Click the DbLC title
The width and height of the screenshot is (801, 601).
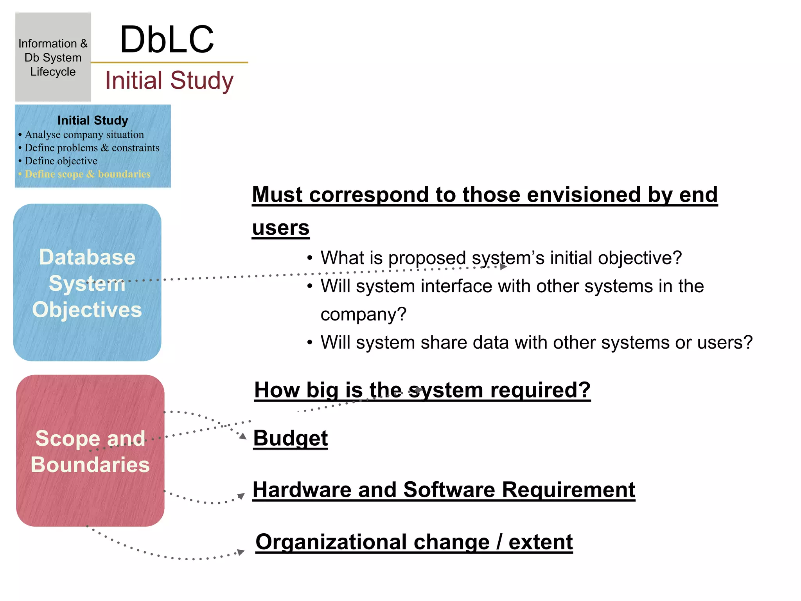167,40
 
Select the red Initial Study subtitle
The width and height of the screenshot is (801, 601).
169,81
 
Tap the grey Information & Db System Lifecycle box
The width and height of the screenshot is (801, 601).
53,58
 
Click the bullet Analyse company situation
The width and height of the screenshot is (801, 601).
84,135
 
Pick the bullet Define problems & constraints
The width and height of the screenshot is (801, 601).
92,148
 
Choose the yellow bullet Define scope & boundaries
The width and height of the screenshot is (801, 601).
87,174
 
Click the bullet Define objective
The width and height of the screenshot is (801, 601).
61,161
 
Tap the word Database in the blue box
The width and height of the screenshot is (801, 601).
87,257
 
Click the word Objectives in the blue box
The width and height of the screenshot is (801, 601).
87,310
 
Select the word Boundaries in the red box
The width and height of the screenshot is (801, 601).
90,465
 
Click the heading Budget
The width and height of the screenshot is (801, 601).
290,438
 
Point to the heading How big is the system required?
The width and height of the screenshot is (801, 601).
422,390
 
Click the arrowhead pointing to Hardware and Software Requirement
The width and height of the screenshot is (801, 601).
241,497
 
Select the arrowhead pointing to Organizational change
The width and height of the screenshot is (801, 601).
241,552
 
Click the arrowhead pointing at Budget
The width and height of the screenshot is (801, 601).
243,436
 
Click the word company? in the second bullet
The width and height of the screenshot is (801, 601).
363,314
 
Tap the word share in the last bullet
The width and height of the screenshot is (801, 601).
444,343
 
